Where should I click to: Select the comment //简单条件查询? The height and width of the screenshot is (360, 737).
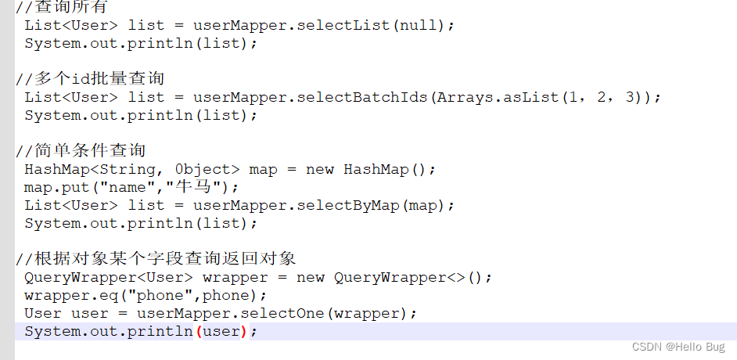tap(81, 150)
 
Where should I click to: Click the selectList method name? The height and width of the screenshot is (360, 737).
tap(343, 25)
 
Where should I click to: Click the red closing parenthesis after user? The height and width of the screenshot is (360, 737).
tap(243, 332)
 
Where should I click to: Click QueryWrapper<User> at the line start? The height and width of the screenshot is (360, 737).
tap(109, 277)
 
